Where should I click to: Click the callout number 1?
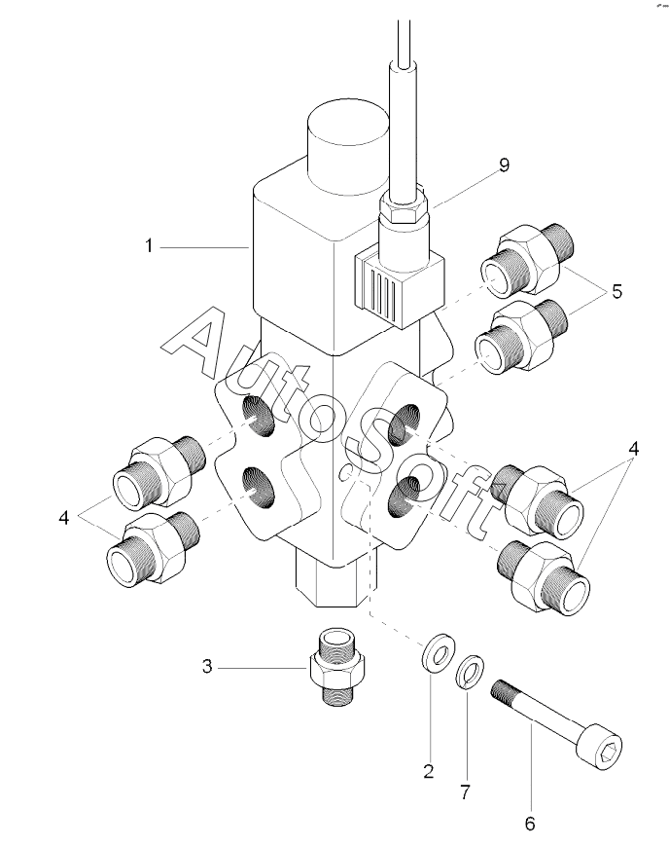[x=149, y=246]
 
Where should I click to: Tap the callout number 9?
[x=504, y=166]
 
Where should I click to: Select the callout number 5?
[x=616, y=291]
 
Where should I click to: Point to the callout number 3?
[x=207, y=667]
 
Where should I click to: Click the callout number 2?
[x=429, y=772]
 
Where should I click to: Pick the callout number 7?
[x=465, y=792]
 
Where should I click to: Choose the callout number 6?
[x=530, y=824]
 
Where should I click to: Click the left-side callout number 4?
[x=64, y=518]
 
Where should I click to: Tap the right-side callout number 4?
[x=633, y=449]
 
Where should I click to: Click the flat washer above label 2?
[x=437, y=653]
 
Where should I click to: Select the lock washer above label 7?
[x=470, y=672]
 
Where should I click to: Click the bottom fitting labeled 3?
[x=338, y=667]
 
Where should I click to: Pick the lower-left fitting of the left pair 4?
[x=154, y=549]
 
